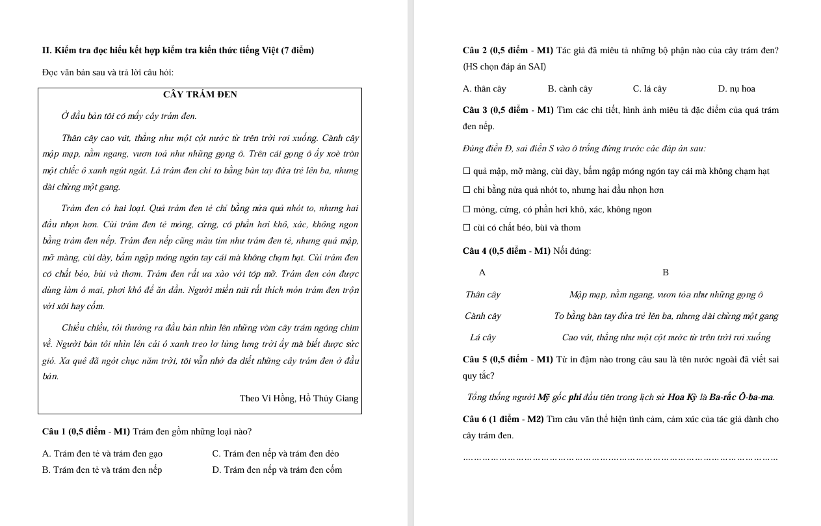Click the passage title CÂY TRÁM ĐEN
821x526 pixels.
pos(200,95)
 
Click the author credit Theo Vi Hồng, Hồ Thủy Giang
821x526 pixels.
pos(298,399)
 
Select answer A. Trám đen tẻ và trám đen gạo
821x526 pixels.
pos(102,454)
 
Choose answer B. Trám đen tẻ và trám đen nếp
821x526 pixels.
pos(102,470)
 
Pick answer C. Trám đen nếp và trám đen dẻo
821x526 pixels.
pos(275,454)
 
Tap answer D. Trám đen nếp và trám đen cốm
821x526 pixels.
pos(276,470)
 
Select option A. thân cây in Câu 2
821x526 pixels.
pos(484,89)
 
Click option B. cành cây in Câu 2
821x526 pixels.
pos(569,89)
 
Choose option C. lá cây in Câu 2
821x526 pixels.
pos(649,89)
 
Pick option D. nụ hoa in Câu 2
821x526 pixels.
pos(736,89)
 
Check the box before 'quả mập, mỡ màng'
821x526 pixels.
pos(467,171)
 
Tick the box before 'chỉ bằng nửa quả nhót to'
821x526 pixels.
pos(467,190)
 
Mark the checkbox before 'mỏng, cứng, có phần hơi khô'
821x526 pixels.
pos(467,210)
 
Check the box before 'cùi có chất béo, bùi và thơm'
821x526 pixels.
pos(467,228)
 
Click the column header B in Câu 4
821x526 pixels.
pos(665,273)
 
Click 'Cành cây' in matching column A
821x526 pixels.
pos(483,316)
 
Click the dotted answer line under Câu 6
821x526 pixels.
pos(620,458)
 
